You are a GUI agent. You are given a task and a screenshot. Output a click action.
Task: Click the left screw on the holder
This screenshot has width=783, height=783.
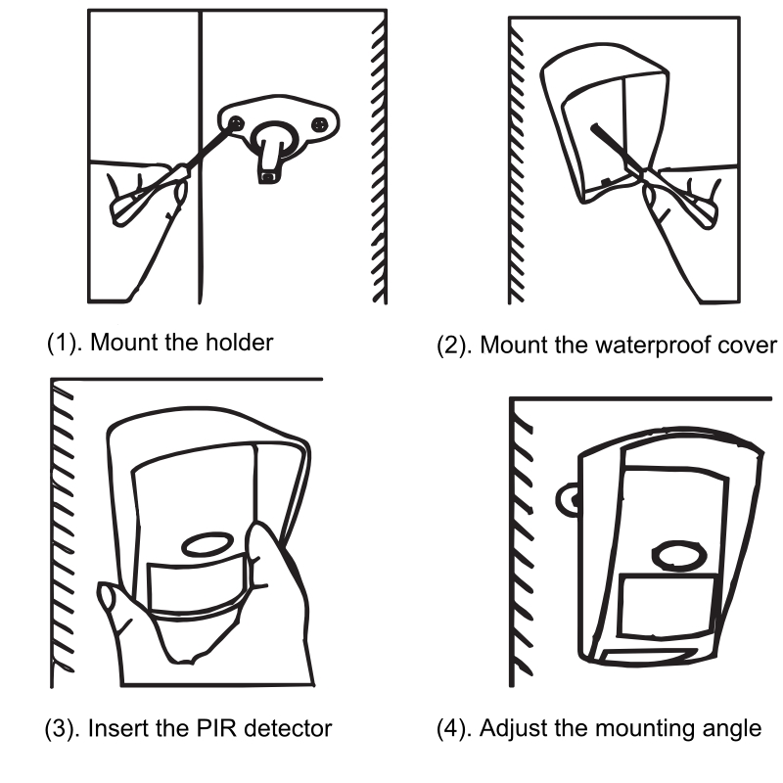point(238,121)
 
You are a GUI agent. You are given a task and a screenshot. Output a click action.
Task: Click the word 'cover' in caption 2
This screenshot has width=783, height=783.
point(750,346)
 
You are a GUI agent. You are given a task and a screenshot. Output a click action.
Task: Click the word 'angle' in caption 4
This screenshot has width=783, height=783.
point(734,728)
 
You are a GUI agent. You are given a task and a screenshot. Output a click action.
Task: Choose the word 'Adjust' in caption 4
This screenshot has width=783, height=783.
point(512,728)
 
